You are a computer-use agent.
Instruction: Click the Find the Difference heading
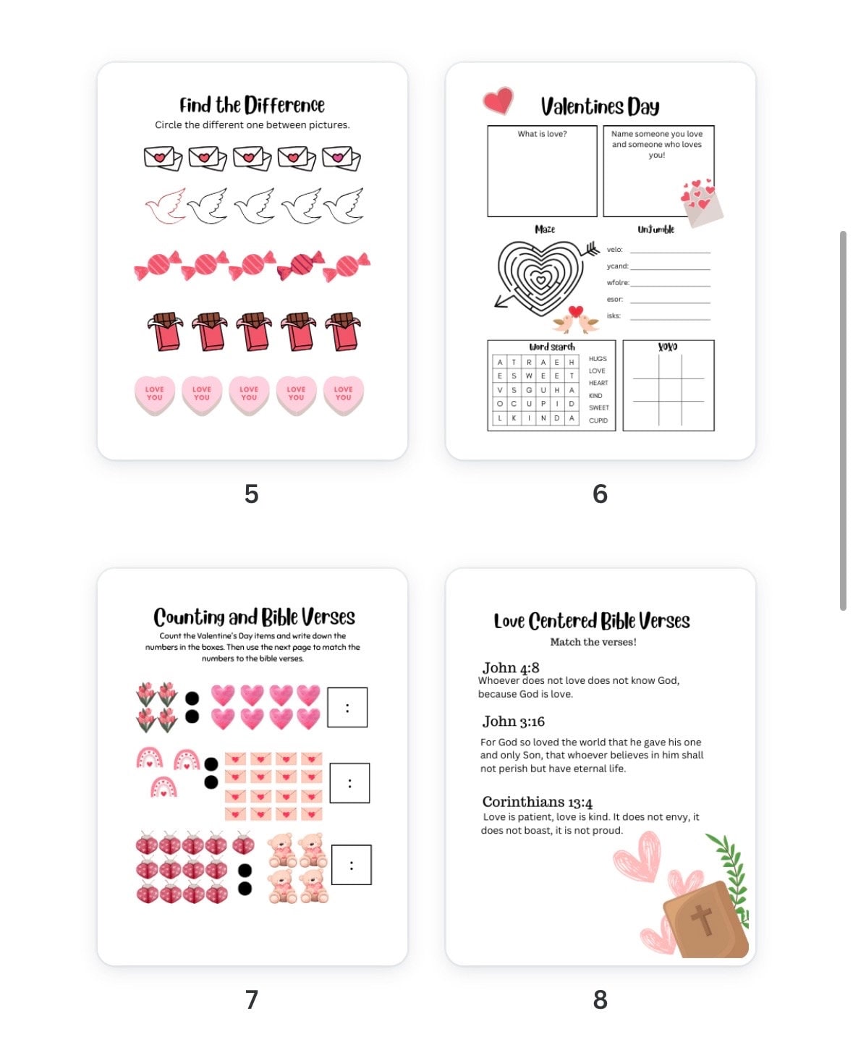pos(252,106)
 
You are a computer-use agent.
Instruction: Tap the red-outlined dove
pos(165,206)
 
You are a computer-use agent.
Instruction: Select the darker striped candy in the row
pos(300,266)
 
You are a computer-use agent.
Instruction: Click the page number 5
pos(251,494)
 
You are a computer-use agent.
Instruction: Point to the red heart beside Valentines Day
pos(498,101)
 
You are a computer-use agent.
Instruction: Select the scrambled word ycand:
pos(617,266)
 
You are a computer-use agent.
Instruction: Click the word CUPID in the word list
pos(598,420)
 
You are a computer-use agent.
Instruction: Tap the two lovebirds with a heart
pos(576,321)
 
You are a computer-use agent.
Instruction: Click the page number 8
pos(600,999)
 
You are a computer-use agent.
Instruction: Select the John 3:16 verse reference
pos(514,722)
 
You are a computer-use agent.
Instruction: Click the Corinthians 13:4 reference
pos(537,802)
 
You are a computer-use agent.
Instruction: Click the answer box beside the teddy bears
pos(351,865)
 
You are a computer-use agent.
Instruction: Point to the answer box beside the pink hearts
pos(347,707)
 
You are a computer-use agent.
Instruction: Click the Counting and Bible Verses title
pos(254,617)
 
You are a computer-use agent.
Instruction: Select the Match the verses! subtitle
pos(593,642)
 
